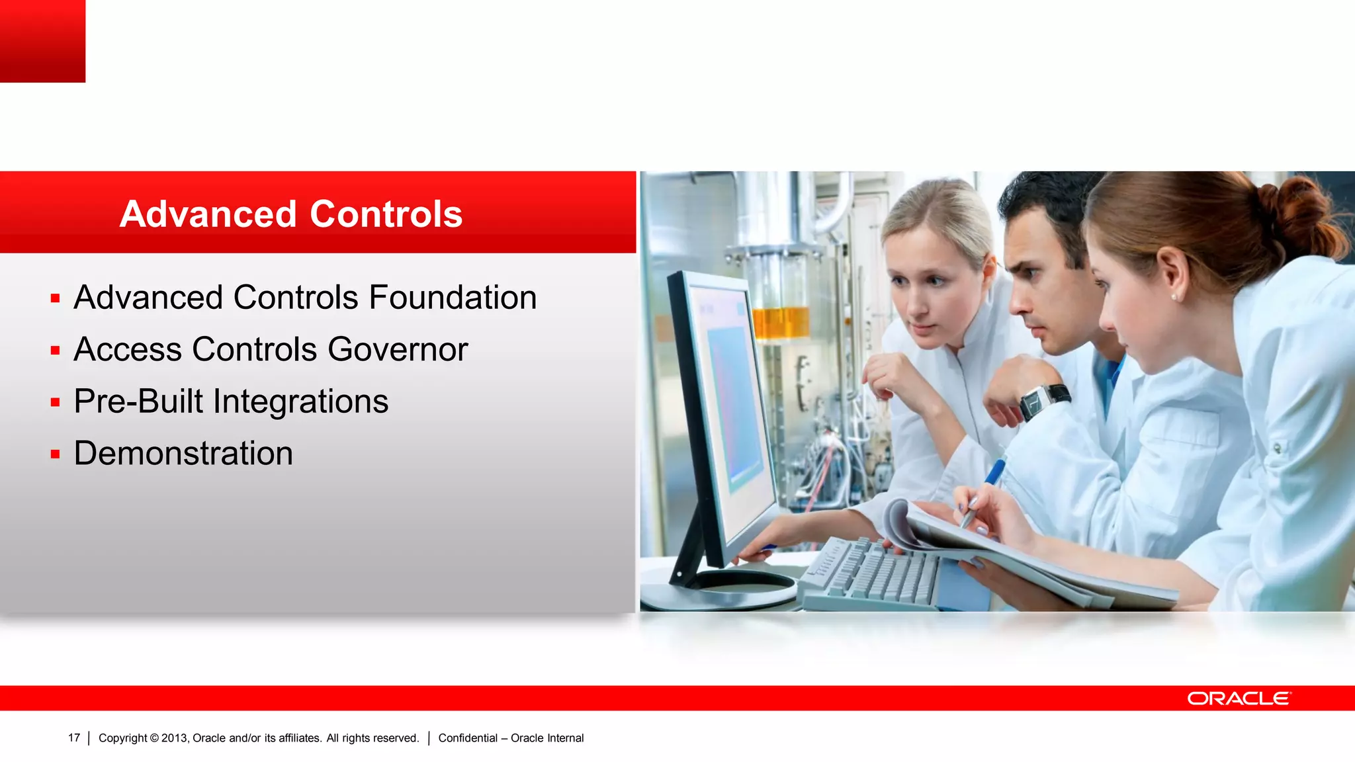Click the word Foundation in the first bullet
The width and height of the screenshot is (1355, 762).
point(453,298)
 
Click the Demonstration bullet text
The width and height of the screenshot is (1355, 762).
point(183,454)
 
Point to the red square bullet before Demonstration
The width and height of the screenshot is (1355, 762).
point(56,454)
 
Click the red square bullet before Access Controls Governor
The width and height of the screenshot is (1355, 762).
point(56,351)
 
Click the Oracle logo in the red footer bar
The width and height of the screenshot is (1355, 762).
point(1238,698)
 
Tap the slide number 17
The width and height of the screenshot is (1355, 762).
point(74,738)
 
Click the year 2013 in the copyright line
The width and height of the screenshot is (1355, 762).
point(175,738)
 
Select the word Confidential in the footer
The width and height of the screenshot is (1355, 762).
point(467,738)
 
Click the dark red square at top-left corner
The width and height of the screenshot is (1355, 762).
point(42,41)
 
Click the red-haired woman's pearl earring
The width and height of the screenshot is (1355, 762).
point(1175,297)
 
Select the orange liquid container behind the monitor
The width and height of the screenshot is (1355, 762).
point(781,323)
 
